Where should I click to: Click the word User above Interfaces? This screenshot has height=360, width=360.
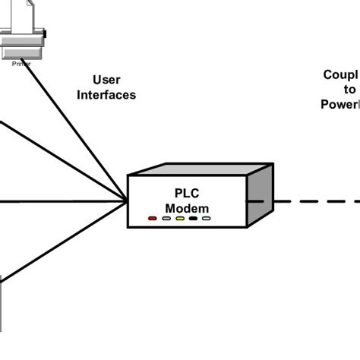click(x=106, y=80)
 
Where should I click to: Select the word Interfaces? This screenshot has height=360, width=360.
click(x=106, y=95)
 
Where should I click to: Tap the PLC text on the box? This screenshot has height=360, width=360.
click(x=187, y=194)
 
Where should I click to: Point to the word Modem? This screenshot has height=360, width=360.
click(x=187, y=208)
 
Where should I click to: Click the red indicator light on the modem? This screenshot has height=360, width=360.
click(x=153, y=219)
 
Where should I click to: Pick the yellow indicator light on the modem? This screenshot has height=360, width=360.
click(x=180, y=219)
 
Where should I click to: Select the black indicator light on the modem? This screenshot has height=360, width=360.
click(x=193, y=219)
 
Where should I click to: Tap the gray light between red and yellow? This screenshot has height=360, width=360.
click(x=166, y=219)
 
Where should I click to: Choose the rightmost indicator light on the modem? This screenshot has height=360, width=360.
click(x=207, y=219)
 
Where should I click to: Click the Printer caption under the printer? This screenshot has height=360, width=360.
click(x=21, y=65)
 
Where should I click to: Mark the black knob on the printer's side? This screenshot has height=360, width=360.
click(x=44, y=34)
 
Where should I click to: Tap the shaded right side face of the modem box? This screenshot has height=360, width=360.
click(x=261, y=196)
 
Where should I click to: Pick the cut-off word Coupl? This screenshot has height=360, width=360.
click(x=339, y=74)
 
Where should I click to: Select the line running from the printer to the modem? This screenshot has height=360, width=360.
click(x=84, y=129)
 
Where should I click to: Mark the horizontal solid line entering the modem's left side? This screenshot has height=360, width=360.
click(x=61, y=201)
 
